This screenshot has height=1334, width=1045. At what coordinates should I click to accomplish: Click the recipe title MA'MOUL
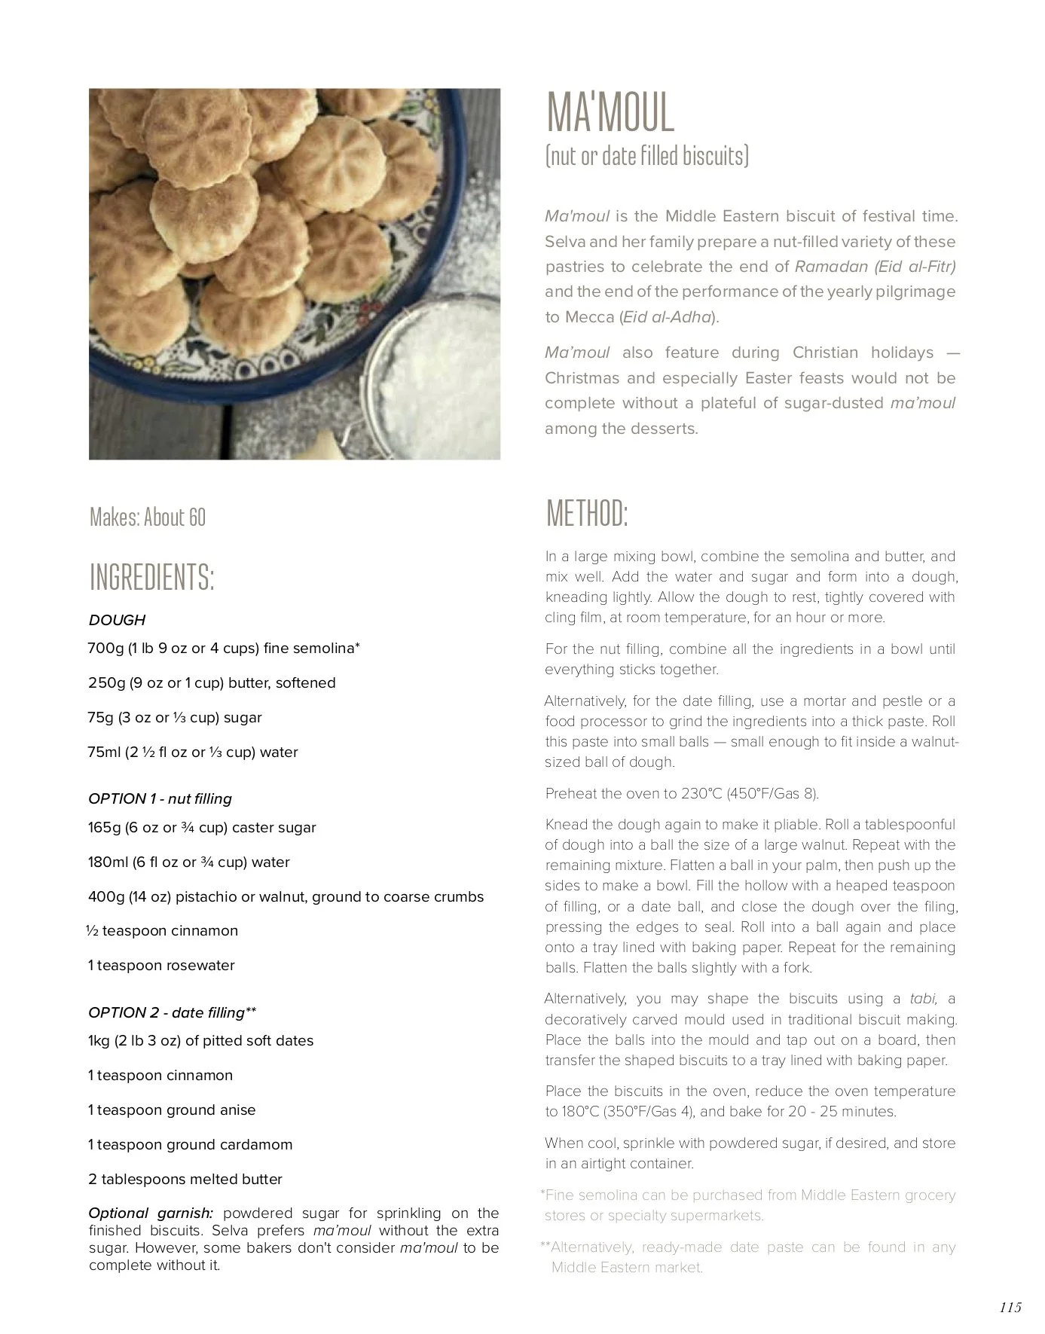(610, 113)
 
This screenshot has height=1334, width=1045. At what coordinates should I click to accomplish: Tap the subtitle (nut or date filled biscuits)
(646, 156)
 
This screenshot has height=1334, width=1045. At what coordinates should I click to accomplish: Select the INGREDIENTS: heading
(151, 578)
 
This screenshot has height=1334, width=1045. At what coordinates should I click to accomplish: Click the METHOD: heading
(586, 514)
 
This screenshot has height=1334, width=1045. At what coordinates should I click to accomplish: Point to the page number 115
(1010, 1307)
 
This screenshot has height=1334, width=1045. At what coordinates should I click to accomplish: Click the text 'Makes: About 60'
(147, 517)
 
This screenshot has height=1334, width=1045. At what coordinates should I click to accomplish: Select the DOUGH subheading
(117, 621)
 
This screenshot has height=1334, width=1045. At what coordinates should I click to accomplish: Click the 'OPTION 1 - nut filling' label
(160, 799)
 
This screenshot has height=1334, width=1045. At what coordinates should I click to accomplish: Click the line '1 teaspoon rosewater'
(161, 966)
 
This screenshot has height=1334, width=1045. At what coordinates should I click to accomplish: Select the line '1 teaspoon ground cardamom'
(190, 1145)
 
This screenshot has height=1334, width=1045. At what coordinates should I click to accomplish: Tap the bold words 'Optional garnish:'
(151, 1213)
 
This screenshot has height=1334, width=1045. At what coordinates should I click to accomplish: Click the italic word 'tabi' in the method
(923, 1000)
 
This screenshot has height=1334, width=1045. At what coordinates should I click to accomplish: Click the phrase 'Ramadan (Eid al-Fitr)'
(875, 267)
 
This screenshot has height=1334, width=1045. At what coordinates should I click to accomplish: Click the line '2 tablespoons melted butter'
(185, 1180)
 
